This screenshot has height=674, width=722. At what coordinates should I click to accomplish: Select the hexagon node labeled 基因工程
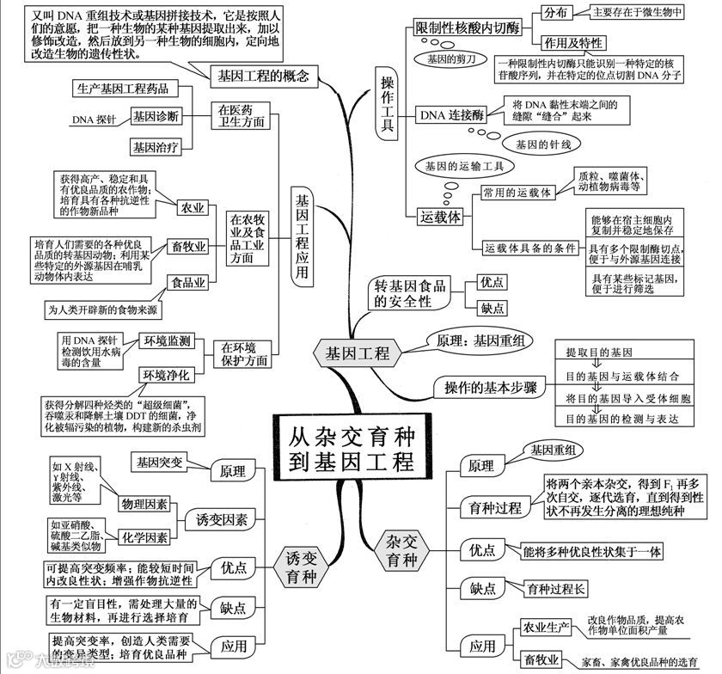(357, 352)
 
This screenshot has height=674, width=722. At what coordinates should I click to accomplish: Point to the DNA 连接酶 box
(450, 113)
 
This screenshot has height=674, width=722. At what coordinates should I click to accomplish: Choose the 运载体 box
(440, 217)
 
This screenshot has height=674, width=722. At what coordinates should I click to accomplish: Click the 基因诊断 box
(156, 116)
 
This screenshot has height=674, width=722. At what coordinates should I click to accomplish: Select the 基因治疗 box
(156, 146)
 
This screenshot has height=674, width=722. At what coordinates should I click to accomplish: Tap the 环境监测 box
(167, 341)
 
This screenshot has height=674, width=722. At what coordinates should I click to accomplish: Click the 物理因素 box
(144, 505)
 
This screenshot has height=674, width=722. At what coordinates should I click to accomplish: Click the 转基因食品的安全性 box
(411, 294)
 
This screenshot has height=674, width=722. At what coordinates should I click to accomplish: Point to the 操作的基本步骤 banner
(486, 388)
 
